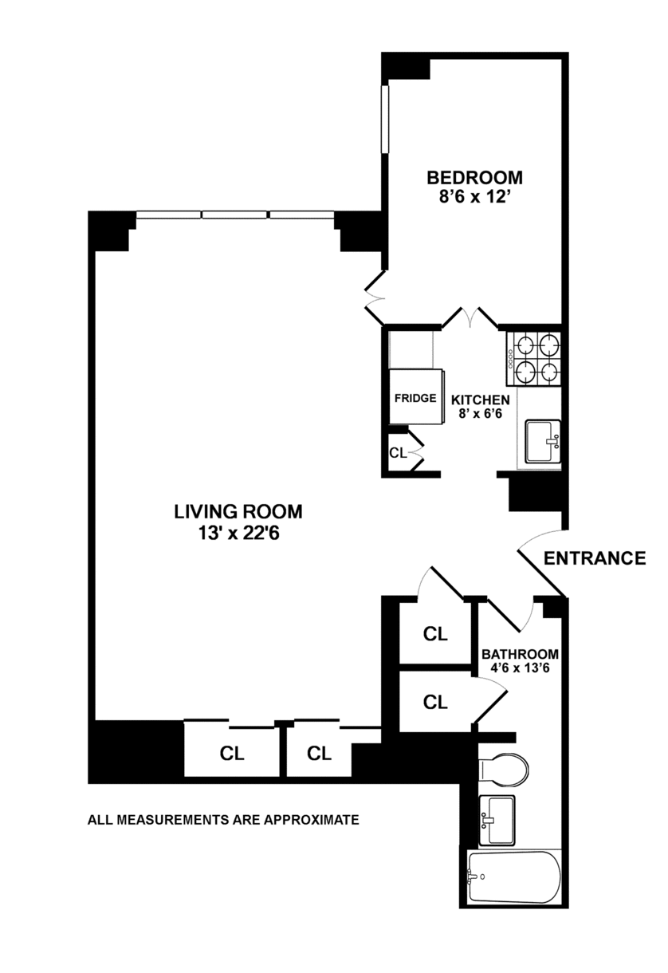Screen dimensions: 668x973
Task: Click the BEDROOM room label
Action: click(x=475, y=178)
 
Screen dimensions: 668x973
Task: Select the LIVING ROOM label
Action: click(x=238, y=512)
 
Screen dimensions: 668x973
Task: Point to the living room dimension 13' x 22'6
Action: click(x=238, y=533)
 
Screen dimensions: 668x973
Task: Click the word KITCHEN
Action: click(x=481, y=400)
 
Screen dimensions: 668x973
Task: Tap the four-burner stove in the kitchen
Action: click(x=533, y=358)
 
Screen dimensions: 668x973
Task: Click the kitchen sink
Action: click(x=543, y=441)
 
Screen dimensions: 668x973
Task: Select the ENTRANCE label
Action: click(x=595, y=558)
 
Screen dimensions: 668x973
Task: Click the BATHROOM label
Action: click(x=520, y=654)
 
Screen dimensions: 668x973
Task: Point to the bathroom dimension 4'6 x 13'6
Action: click(x=520, y=668)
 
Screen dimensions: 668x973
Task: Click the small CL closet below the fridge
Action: click(x=398, y=453)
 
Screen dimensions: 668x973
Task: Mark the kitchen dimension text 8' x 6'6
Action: click(x=481, y=413)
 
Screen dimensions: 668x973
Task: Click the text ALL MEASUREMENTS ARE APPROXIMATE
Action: click(x=223, y=820)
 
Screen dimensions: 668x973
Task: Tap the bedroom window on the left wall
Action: click(x=385, y=119)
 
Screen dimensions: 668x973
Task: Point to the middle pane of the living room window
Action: click(x=235, y=215)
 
